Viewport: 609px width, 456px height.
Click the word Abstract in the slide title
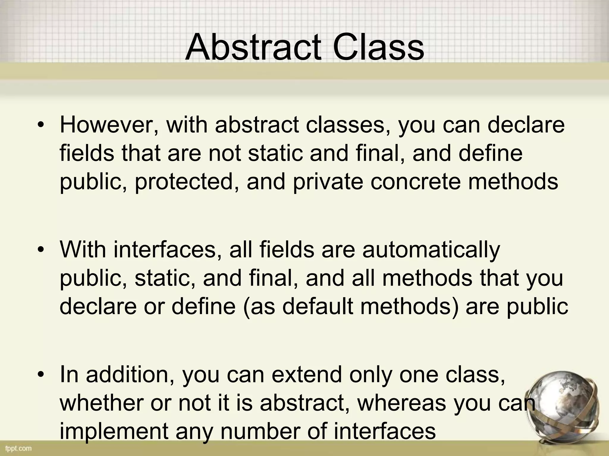253,47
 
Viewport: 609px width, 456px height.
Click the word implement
114,431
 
